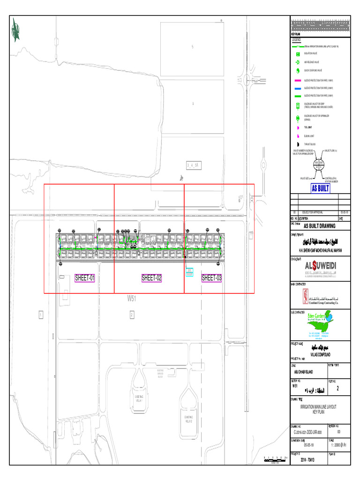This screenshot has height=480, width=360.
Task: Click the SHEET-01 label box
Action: (x=85, y=278)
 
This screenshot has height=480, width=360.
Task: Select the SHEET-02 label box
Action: (x=152, y=278)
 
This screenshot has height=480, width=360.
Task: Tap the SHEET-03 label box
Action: (x=212, y=278)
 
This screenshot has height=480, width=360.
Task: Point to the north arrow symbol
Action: (x=16, y=31)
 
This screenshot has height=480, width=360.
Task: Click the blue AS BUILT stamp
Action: (x=321, y=188)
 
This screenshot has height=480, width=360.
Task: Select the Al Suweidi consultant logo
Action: (x=320, y=268)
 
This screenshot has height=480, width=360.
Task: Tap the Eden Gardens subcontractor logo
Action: (x=320, y=323)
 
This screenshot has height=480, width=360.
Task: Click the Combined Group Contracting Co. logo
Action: (x=320, y=297)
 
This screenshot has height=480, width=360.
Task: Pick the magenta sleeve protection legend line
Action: (x=297, y=81)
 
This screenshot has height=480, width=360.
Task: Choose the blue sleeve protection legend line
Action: (x=297, y=88)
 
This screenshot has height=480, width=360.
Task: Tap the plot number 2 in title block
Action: (x=337, y=389)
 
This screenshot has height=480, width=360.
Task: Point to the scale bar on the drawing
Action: (x=275, y=459)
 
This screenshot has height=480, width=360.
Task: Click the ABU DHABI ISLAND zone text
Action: (x=302, y=372)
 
